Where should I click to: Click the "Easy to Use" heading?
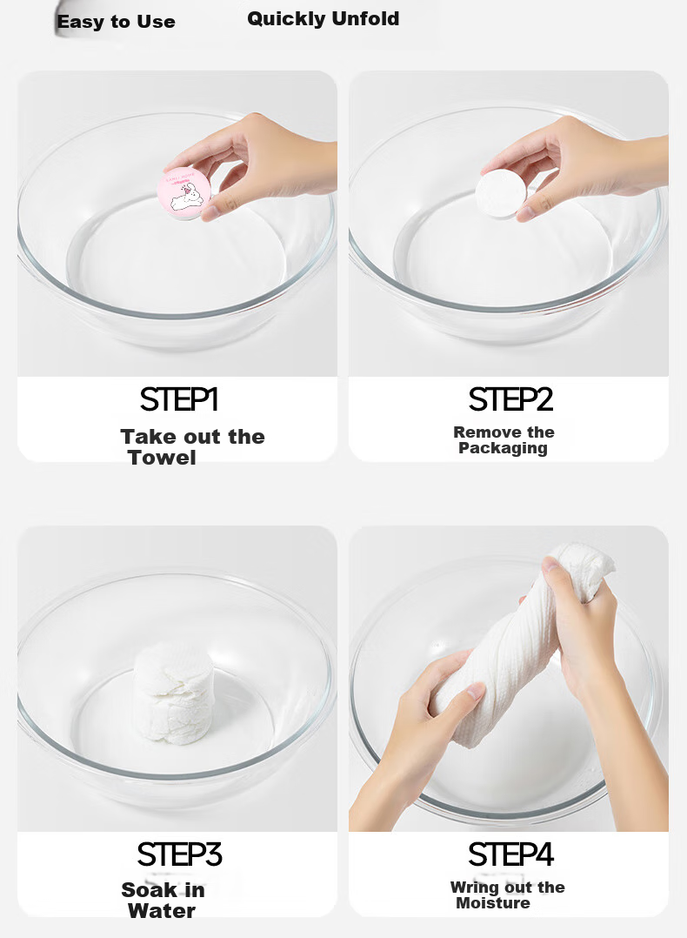pos(116,22)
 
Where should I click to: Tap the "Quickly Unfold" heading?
pos(323,18)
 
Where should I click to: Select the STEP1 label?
pos(179,399)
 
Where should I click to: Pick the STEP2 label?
pos(510,399)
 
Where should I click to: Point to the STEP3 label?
pos(179,854)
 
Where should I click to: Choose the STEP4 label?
pos(510,854)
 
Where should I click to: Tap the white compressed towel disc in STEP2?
pos(501,194)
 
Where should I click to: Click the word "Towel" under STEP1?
pos(162,458)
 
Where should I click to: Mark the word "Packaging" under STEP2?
pos(503,448)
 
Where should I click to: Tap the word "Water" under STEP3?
pos(162,911)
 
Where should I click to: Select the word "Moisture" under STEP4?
pos(493,902)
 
